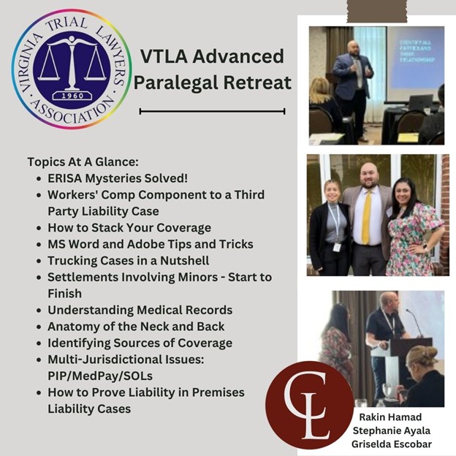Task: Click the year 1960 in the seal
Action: [72, 96]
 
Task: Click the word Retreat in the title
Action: [257, 83]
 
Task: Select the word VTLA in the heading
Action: [164, 56]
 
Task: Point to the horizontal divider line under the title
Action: [213, 111]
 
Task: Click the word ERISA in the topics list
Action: [64, 178]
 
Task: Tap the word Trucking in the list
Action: [72, 261]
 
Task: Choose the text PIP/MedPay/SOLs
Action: [100, 376]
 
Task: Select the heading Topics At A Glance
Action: [83, 162]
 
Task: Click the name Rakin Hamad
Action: [390, 417]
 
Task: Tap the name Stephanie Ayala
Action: [392, 430]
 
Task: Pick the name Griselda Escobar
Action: [392, 444]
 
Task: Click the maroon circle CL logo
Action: [309, 405]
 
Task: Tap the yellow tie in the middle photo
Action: [367, 218]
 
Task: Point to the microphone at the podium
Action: [415, 322]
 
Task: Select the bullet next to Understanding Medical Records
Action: [39, 311]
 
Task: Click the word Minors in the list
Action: [198, 277]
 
